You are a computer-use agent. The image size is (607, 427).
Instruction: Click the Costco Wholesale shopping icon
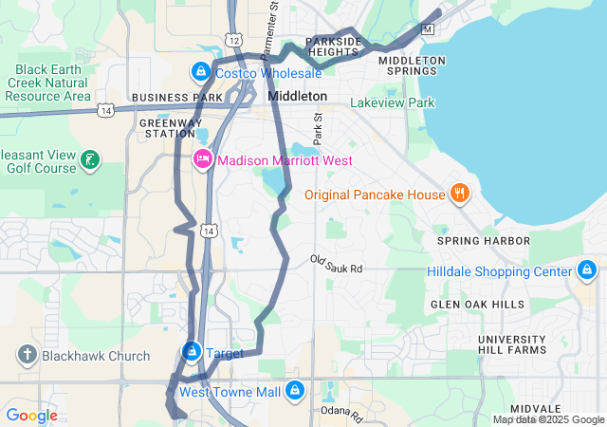click(201, 72)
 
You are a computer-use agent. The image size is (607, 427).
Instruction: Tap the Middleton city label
click(297, 97)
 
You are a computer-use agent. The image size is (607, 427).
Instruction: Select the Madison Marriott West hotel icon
click(203, 159)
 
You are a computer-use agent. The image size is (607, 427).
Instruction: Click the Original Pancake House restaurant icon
click(460, 194)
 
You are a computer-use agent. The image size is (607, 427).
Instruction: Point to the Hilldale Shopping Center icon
click(588, 271)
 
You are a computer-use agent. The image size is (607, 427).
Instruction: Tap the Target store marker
click(192, 352)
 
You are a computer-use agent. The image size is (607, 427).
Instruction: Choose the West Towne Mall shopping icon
click(295, 391)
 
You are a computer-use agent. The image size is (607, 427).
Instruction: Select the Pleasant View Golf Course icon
click(88, 159)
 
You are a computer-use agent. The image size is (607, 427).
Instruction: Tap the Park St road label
click(318, 122)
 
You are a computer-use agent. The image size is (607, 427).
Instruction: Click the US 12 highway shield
click(233, 39)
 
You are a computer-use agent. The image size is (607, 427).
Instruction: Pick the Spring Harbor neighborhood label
click(483, 241)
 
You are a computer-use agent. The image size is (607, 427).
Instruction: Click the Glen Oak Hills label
click(477, 304)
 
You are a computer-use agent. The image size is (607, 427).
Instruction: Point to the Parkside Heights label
click(333, 47)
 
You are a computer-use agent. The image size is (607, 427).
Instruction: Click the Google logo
click(31, 416)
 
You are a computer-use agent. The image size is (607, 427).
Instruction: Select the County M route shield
click(427, 29)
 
